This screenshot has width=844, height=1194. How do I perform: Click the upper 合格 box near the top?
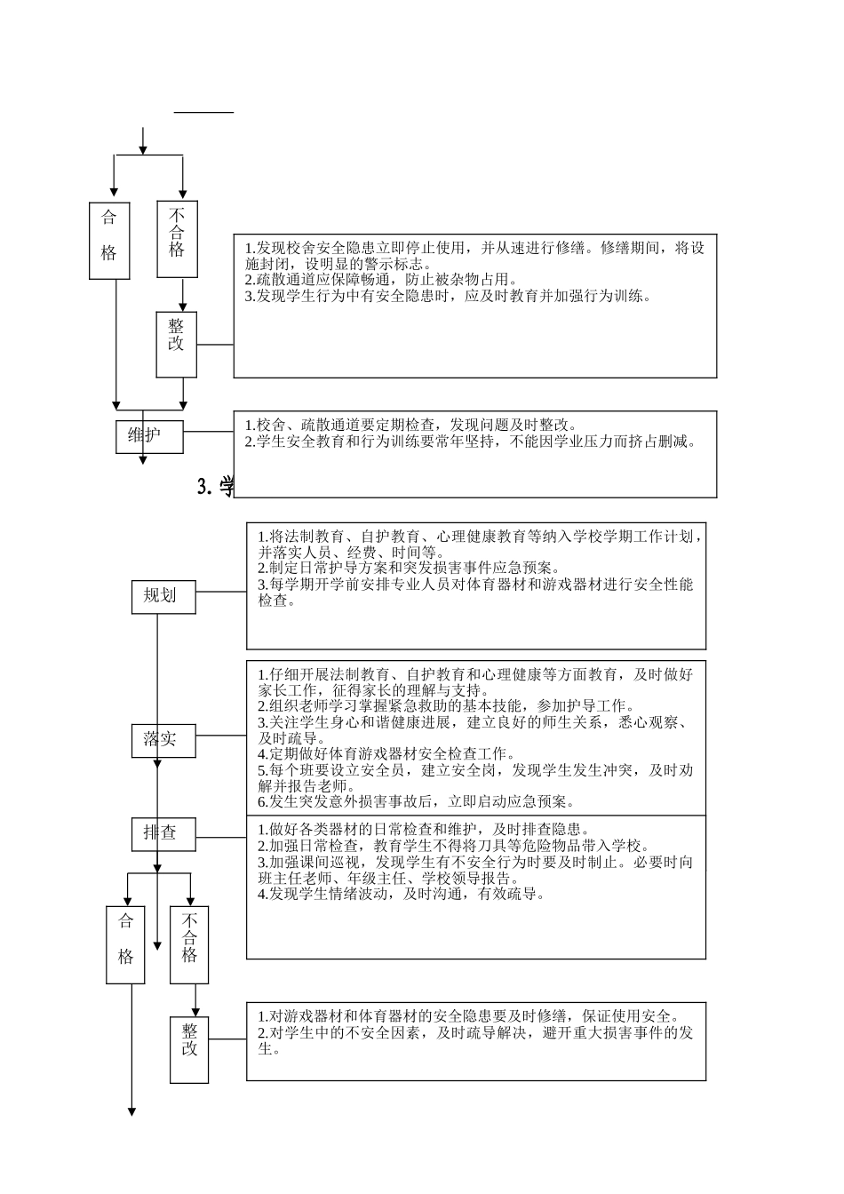click(x=108, y=241)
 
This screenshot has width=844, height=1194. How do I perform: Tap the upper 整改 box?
click(x=177, y=344)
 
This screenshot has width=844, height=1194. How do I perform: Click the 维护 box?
click(x=148, y=435)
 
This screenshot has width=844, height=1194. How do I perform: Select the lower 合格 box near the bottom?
click(x=125, y=944)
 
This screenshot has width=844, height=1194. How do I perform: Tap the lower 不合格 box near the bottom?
click(x=189, y=944)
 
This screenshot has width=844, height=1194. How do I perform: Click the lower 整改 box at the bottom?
click(x=189, y=1049)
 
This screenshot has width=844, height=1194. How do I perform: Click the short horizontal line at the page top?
click(x=203, y=113)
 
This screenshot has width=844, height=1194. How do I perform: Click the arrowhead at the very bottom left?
click(x=132, y=1111)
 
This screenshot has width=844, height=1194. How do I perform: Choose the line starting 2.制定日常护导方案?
click(x=409, y=568)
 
